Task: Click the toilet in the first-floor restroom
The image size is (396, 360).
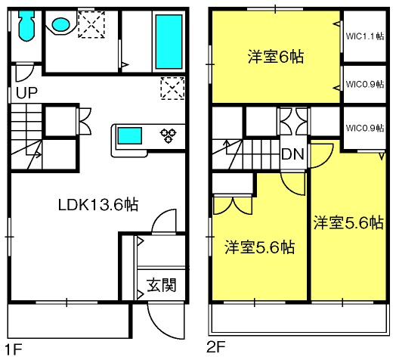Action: [x=26, y=25]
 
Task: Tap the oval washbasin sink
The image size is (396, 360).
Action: [x=61, y=24]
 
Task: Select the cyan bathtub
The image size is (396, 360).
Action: [x=169, y=42]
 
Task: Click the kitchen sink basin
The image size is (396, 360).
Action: [x=129, y=136]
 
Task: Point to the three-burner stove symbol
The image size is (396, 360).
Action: [x=169, y=135]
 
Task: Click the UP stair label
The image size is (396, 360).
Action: [x=27, y=93]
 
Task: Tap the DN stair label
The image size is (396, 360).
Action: [x=292, y=154]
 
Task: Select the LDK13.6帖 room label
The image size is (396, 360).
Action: [x=98, y=205]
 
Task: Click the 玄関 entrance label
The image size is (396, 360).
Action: [x=162, y=285]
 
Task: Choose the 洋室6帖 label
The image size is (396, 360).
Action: [x=276, y=57]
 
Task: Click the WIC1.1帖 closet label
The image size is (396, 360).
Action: [x=365, y=36]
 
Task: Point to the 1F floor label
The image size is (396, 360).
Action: [x=14, y=349]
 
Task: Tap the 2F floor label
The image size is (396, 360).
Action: [x=216, y=346]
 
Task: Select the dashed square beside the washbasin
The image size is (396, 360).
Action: [x=91, y=24]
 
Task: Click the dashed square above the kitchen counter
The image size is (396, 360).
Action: [x=173, y=88]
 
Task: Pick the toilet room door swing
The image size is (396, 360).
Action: [x=27, y=76]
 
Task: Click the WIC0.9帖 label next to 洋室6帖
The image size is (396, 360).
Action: [x=365, y=84]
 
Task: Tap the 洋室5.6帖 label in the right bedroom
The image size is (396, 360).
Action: [x=348, y=222]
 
